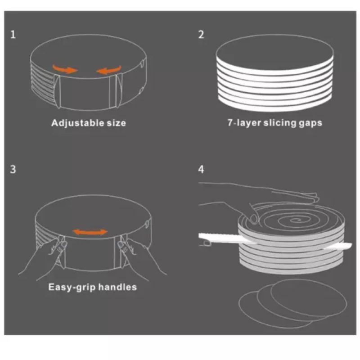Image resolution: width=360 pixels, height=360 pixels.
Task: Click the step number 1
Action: click(x=13, y=35)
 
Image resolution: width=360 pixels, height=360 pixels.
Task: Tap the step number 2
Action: click(x=201, y=35)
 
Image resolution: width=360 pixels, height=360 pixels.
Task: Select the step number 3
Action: click(x=13, y=170)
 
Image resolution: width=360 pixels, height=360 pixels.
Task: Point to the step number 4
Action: click(x=201, y=170)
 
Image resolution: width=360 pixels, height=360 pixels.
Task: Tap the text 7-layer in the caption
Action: click(x=241, y=122)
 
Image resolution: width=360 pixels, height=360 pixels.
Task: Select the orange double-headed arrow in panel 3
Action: click(x=90, y=232)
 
